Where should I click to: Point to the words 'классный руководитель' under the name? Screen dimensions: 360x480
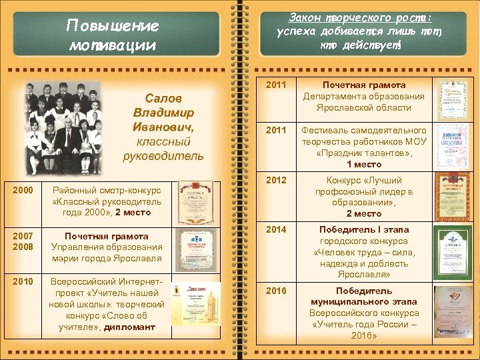point(163,149)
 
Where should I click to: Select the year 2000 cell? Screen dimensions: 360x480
point(23,190)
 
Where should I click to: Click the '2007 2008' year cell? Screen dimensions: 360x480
point(23,241)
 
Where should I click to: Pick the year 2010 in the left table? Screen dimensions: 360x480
point(23,281)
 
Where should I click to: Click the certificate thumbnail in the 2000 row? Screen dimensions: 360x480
point(195,203)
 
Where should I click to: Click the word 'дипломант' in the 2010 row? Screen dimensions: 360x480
point(129,327)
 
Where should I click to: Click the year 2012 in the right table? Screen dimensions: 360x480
point(276,180)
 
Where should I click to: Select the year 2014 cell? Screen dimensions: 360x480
point(276,229)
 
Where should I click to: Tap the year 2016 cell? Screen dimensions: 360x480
point(276,291)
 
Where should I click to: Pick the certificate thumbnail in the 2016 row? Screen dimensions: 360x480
point(453,313)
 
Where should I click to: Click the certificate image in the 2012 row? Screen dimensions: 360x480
point(453,197)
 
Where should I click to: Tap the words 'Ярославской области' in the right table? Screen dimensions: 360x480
point(364,107)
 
